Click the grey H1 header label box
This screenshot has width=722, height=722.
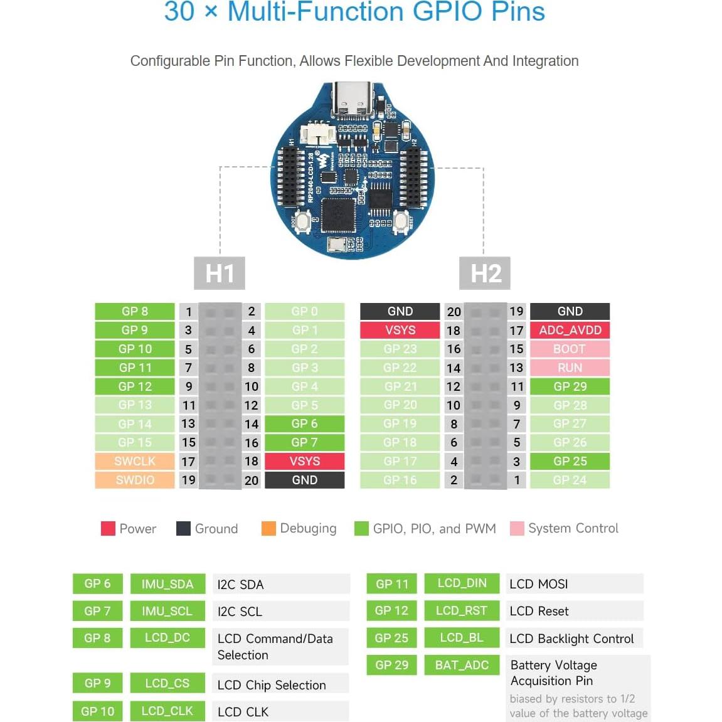(220, 273)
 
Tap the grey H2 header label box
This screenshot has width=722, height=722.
(486, 273)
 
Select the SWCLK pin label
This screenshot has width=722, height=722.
(135, 461)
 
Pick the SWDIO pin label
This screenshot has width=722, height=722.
(135, 480)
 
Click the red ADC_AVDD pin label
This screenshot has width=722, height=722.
(570, 330)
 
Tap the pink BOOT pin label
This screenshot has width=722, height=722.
(570, 349)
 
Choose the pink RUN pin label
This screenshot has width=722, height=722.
(570, 368)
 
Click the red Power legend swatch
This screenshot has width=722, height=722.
(108, 528)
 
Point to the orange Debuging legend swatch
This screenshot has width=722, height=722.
(268, 528)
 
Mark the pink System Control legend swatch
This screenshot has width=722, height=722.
(517, 528)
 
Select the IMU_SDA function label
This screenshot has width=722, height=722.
(167, 584)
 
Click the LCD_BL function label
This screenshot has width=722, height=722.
(462, 637)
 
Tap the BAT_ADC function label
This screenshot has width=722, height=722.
(462, 665)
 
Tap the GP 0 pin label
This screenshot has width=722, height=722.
(304, 311)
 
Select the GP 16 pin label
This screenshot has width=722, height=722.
(400, 480)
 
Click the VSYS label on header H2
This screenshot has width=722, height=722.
(400, 330)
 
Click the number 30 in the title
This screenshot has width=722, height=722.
(179, 12)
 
